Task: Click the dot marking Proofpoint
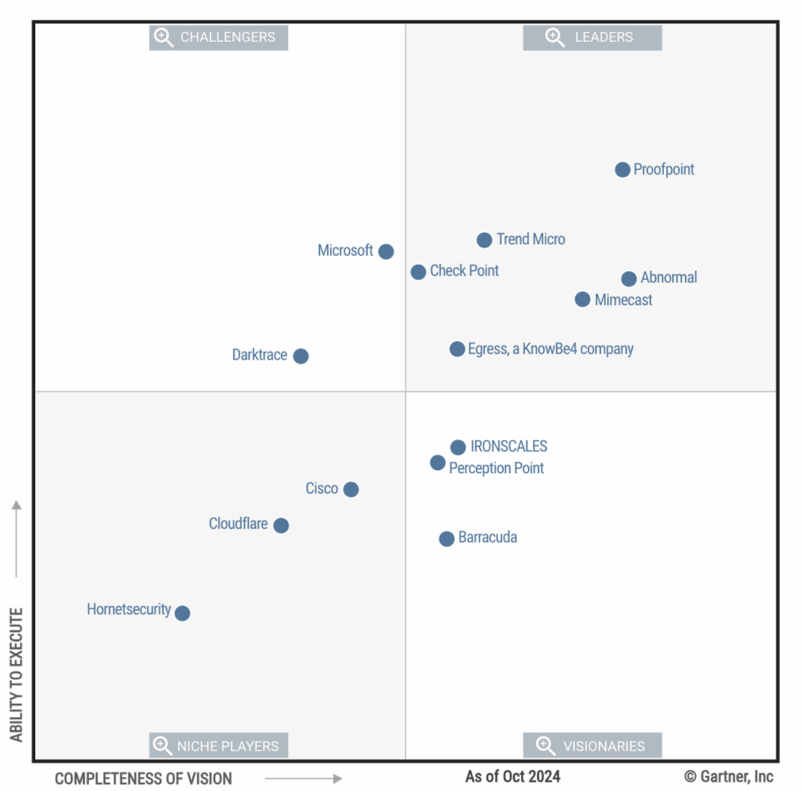point(622,170)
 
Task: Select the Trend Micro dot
point(484,240)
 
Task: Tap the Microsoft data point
point(385,251)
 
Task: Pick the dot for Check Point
point(418,272)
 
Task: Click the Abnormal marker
point(629,278)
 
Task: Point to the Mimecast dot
point(582,300)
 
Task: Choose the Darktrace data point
point(300,356)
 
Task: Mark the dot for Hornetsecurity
point(182,613)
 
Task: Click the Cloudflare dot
point(281,525)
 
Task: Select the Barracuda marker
point(447,539)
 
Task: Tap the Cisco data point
point(351,490)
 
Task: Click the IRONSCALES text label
point(509,447)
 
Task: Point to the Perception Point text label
point(497,469)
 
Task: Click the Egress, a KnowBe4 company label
point(550,348)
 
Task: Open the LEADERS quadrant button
point(592,37)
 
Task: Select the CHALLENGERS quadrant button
point(219,37)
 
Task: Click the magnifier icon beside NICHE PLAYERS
point(162,745)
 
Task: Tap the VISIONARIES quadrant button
point(592,745)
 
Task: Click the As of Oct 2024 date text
point(512,777)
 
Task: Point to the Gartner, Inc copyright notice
point(729,777)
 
